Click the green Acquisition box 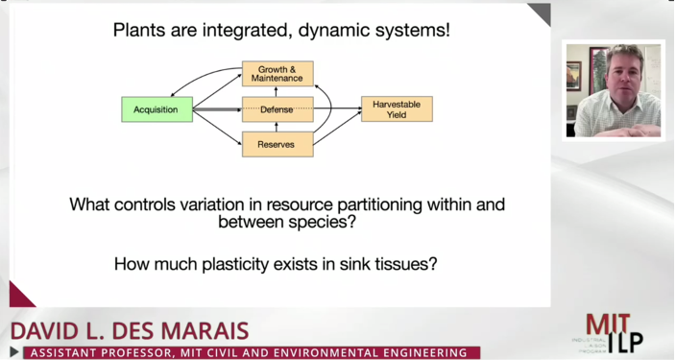click(x=157, y=109)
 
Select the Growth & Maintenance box click(x=278, y=74)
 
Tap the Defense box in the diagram click(x=278, y=109)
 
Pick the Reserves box click(x=278, y=145)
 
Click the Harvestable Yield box click(x=397, y=109)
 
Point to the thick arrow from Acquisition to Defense click(x=217, y=109)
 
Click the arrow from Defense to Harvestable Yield click(x=337, y=109)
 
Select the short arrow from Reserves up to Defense click(x=278, y=128)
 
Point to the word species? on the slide click(x=324, y=222)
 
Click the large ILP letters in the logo click(x=624, y=342)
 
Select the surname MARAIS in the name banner click(x=197, y=332)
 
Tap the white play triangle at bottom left click(x=13, y=353)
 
